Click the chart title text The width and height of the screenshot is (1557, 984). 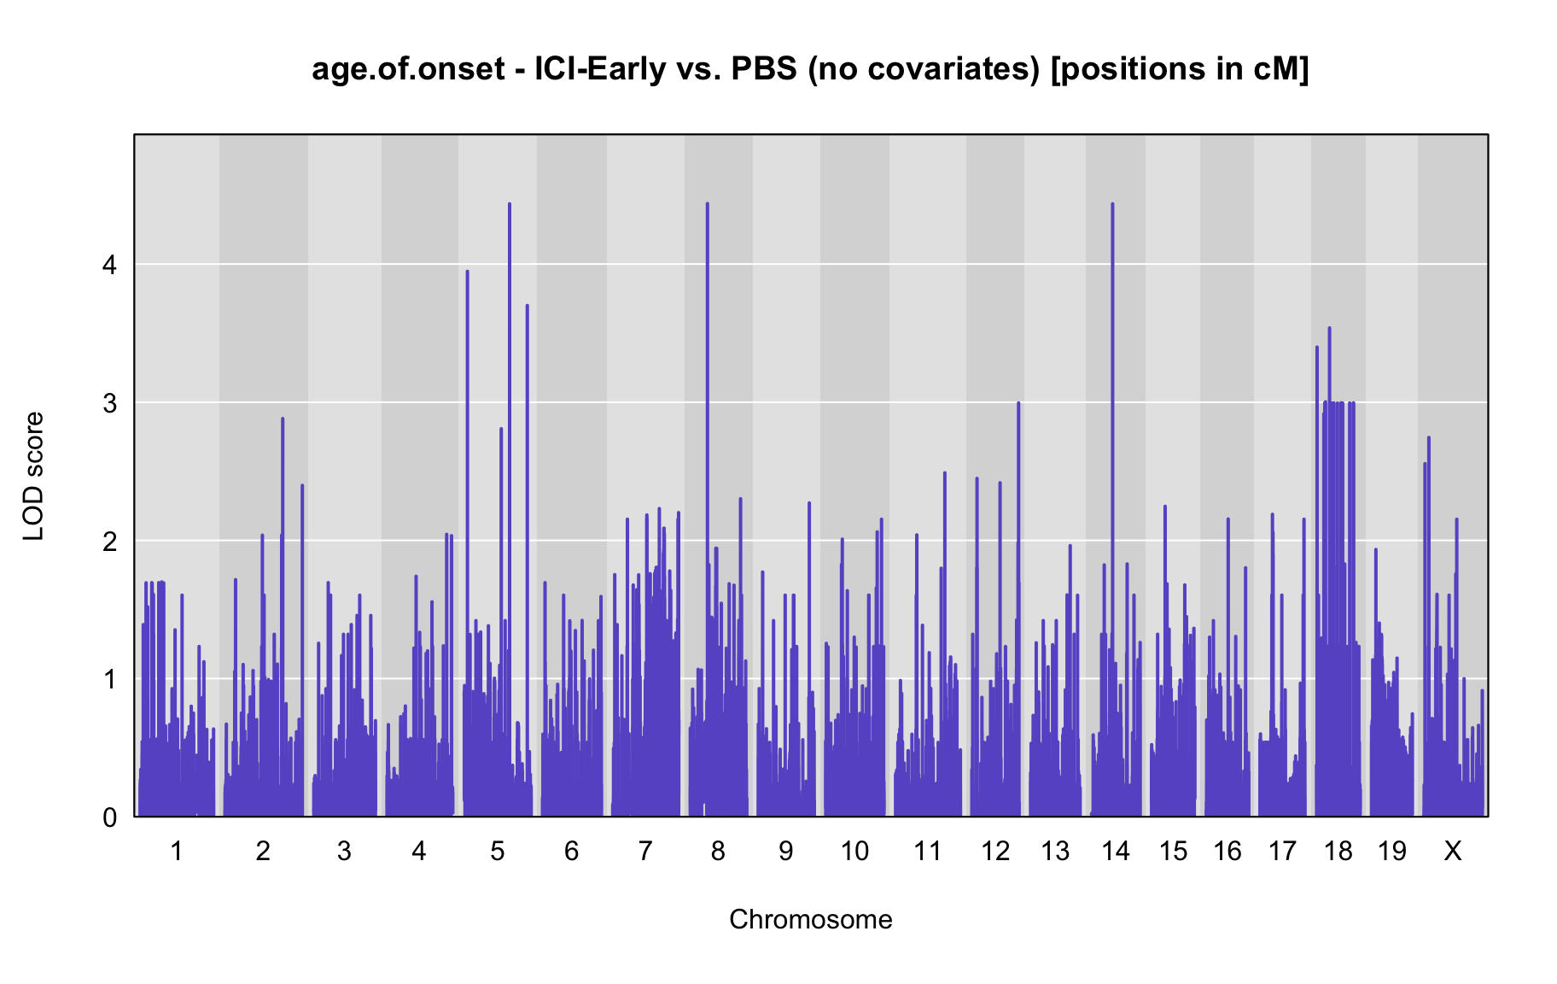coord(810,69)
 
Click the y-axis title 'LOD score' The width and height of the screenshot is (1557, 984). coord(34,476)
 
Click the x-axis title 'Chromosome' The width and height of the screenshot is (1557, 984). coord(811,919)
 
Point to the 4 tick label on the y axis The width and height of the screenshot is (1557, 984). coord(109,265)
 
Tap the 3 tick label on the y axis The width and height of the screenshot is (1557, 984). coord(109,403)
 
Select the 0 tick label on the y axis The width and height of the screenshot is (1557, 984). coord(109,817)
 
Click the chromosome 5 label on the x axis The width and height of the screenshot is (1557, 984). coord(498,851)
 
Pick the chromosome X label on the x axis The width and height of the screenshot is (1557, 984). coord(1452,851)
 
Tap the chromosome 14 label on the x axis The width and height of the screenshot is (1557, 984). coord(1116,851)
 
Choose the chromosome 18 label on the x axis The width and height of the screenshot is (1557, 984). coord(1338,851)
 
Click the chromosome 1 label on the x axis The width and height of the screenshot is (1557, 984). coord(177,851)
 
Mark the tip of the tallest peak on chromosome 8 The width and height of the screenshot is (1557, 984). coord(708,203)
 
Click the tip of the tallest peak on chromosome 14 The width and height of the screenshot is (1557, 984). coord(1112,203)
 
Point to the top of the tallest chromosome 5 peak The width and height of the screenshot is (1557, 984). coord(510,203)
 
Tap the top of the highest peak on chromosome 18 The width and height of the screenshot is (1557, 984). coord(1329,327)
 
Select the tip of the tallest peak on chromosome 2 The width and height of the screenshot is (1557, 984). coord(283,418)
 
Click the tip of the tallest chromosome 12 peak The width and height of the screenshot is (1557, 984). coord(1018,402)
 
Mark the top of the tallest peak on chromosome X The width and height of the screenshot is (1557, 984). coord(1429,437)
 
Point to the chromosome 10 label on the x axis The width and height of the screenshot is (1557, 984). coord(854,851)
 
